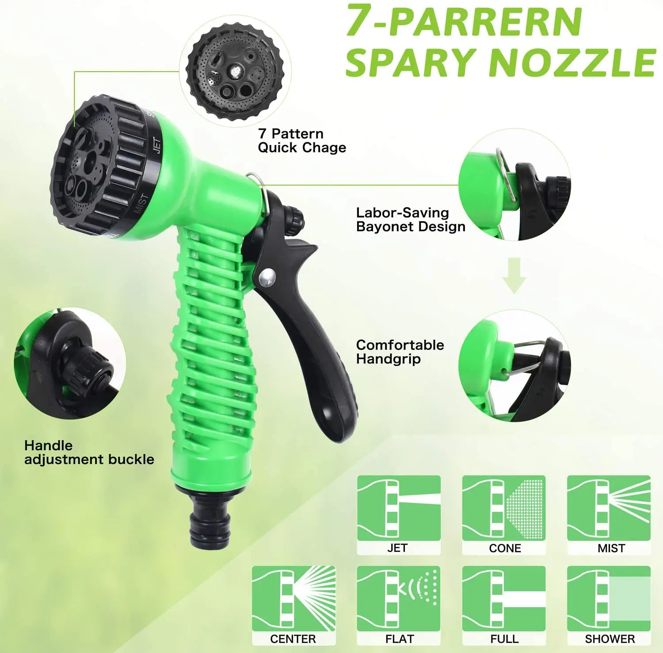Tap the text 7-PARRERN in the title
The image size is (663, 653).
[464, 20]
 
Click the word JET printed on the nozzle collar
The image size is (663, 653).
[156, 145]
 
